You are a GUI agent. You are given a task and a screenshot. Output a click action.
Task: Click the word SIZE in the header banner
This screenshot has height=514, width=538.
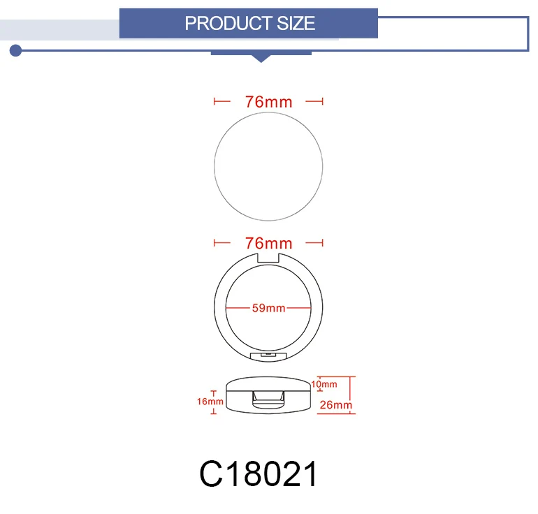pyautogui.click(x=296, y=23)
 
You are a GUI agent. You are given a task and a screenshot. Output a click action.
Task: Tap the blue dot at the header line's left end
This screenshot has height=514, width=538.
pyautogui.click(x=15, y=50)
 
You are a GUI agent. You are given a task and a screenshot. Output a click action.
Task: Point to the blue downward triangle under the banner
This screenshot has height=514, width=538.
pyautogui.click(x=261, y=58)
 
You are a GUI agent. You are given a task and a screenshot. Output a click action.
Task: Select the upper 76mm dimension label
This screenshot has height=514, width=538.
pyautogui.click(x=269, y=102)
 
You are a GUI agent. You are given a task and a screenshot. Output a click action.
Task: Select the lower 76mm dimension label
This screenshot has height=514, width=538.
pyautogui.click(x=269, y=243)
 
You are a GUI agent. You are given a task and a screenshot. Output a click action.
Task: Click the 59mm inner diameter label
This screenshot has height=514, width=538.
pyautogui.click(x=269, y=308)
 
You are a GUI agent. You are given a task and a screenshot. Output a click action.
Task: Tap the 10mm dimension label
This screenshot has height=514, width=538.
pyautogui.click(x=324, y=384)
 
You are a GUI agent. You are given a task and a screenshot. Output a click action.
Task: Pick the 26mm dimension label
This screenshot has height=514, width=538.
pyautogui.click(x=336, y=405)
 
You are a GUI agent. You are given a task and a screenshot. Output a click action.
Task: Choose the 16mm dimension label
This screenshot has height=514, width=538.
pyautogui.click(x=210, y=401)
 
